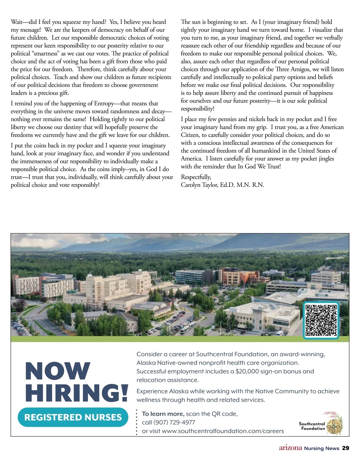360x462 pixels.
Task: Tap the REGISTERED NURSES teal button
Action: click(73, 417)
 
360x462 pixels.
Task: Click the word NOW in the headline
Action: click(58, 371)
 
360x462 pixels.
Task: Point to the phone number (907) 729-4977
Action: click(174, 422)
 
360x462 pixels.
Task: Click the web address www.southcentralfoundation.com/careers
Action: click(223, 431)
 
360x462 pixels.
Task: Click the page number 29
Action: click(346, 448)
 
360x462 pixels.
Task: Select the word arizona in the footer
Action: click(290, 448)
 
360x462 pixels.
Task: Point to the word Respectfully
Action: click(196, 177)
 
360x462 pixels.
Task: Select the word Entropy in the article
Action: click(104, 103)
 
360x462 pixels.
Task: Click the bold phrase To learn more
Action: click(163, 414)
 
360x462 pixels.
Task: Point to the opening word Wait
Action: click(16, 22)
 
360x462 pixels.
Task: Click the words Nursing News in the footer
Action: click(322, 448)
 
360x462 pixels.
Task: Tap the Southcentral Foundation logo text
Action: click(312, 426)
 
